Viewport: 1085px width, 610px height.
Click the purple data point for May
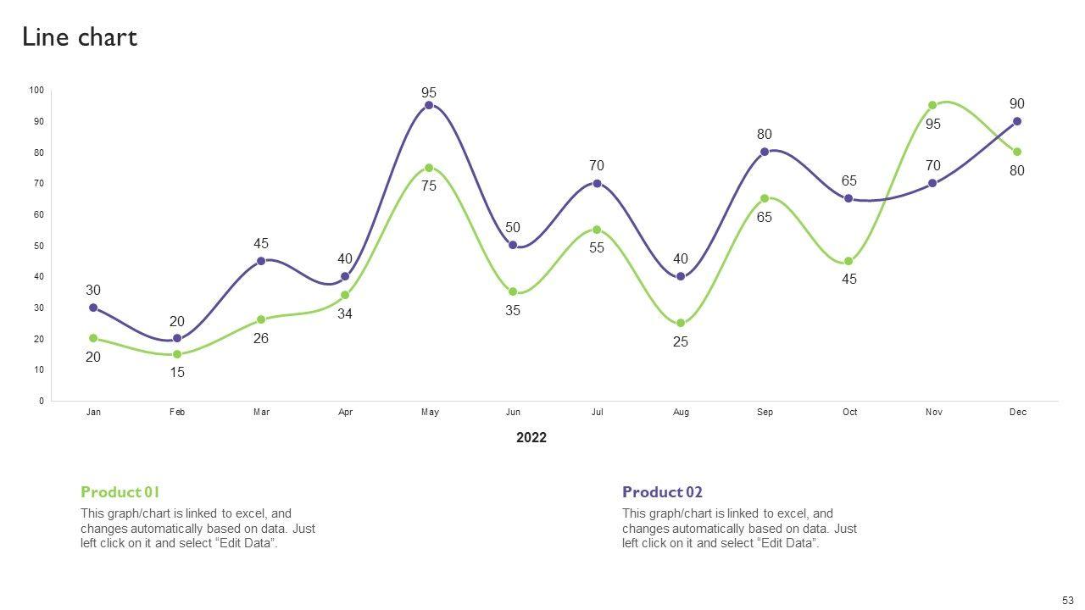pos(429,105)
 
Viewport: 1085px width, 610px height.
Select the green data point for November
pos(932,106)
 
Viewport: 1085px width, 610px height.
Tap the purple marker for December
pos(1017,121)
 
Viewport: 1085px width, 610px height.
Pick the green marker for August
pos(681,323)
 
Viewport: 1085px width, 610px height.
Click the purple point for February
pos(177,339)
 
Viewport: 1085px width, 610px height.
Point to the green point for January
pos(93,338)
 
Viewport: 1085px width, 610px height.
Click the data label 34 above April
pos(345,314)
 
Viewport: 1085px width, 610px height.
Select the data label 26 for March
pos(261,339)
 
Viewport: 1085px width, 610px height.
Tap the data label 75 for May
pos(429,186)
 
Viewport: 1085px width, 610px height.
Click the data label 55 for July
pos(597,248)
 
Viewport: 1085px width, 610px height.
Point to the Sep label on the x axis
pos(765,413)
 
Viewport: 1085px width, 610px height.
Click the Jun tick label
pos(513,413)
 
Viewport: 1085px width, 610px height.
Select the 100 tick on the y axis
pos(36,91)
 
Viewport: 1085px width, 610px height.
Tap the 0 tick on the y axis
pos(41,401)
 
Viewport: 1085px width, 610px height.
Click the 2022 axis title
pos(531,438)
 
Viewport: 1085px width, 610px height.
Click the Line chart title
pos(80,37)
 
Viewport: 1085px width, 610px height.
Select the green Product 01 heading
pos(120,492)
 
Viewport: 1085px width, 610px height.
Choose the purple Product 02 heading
pos(662,492)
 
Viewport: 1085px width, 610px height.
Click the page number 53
pos(1068,600)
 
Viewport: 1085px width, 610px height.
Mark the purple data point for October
pos(849,198)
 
